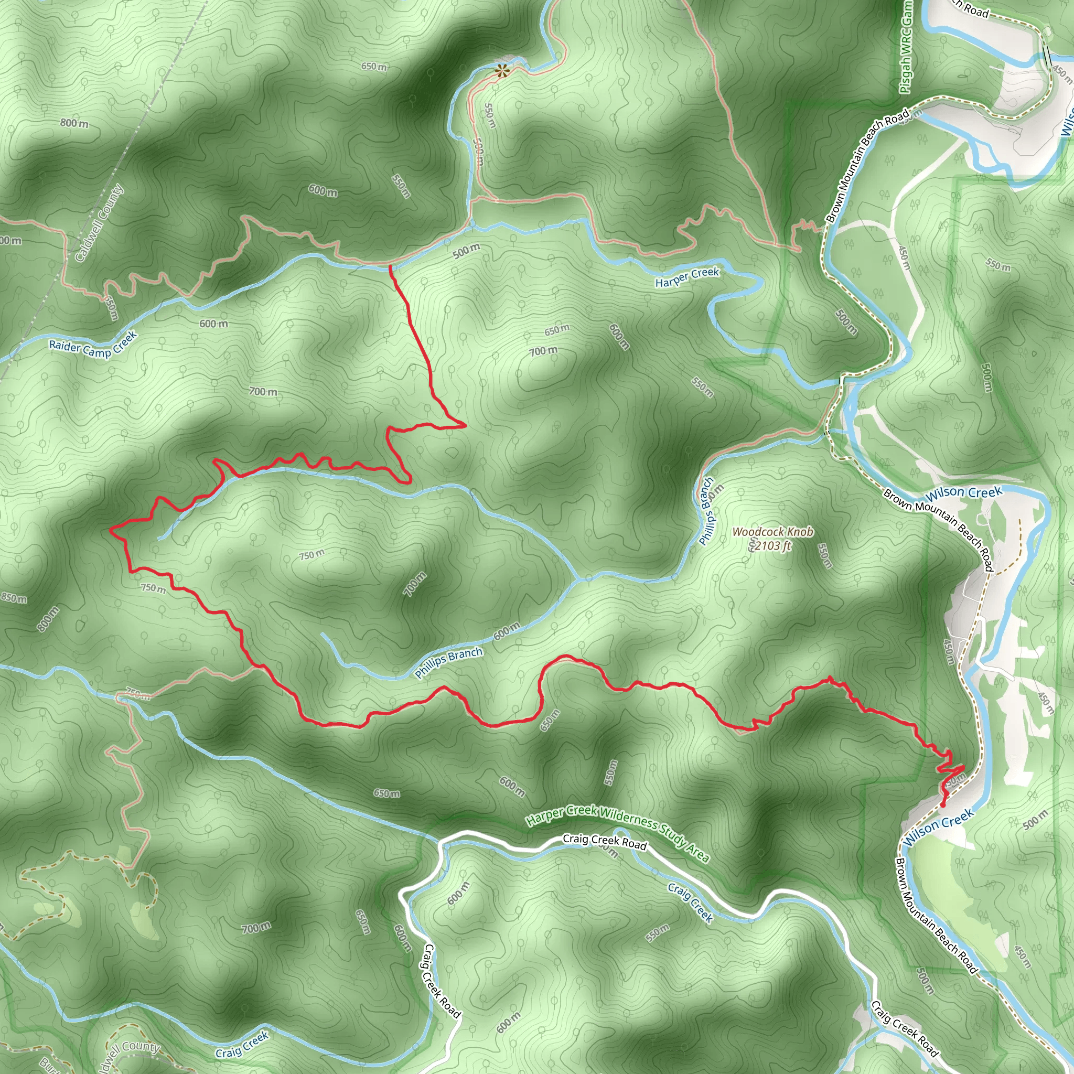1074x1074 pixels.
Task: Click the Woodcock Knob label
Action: (772, 531)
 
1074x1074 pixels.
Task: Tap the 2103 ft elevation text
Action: (772, 545)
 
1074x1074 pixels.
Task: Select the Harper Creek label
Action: (686, 277)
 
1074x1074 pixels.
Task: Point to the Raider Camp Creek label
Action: (93, 345)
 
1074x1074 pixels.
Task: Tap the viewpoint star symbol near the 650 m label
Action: (502, 71)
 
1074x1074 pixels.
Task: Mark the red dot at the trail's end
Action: (943, 804)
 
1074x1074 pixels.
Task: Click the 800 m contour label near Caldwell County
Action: (74, 123)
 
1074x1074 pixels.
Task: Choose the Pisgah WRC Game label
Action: (906, 47)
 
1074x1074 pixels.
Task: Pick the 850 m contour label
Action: (13, 598)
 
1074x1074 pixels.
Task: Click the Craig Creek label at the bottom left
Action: (242, 1045)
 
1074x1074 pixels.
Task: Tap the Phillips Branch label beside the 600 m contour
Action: (448, 663)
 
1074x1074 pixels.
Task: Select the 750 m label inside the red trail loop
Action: (312, 555)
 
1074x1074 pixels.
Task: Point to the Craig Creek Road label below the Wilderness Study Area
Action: (605, 842)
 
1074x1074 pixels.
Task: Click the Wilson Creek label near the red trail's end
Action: (938, 827)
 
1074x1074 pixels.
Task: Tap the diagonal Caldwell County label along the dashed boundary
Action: (100, 223)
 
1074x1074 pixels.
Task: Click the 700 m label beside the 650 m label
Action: (543, 351)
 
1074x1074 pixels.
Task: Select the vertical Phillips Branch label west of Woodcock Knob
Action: (706, 511)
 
